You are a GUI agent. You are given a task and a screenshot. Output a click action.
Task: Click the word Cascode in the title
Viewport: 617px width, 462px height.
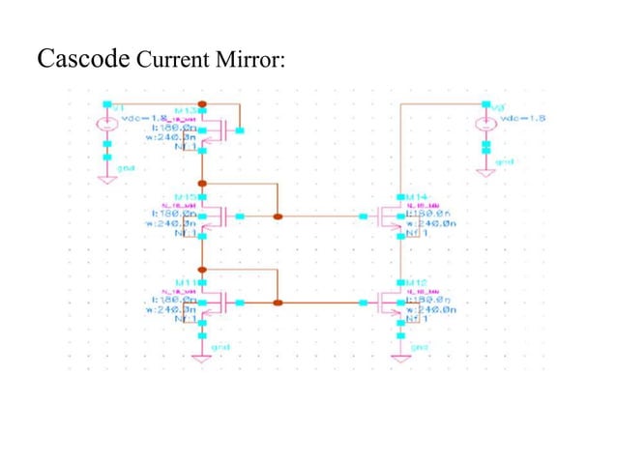click(x=83, y=59)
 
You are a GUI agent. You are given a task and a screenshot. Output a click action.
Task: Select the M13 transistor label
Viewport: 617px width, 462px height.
click(x=185, y=110)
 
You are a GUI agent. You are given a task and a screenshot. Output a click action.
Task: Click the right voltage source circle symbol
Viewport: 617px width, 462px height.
click(x=485, y=124)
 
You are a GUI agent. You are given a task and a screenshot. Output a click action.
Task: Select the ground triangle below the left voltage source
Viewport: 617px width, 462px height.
click(x=106, y=177)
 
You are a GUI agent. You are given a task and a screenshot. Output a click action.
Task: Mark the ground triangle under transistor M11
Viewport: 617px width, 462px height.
click(x=202, y=357)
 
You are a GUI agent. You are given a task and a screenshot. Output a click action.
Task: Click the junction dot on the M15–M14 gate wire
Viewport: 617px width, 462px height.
click(x=278, y=216)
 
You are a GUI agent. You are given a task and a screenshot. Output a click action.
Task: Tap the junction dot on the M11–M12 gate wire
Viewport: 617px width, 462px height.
click(x=278, y=303)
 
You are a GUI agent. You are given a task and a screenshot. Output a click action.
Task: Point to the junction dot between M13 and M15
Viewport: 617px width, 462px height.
click(x=202, y=182)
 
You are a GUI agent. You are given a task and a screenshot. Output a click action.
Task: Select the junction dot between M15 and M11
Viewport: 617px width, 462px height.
click(x=202, y=268)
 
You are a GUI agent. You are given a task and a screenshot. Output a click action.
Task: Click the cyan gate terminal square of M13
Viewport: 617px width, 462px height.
click(x=241, y=130)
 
